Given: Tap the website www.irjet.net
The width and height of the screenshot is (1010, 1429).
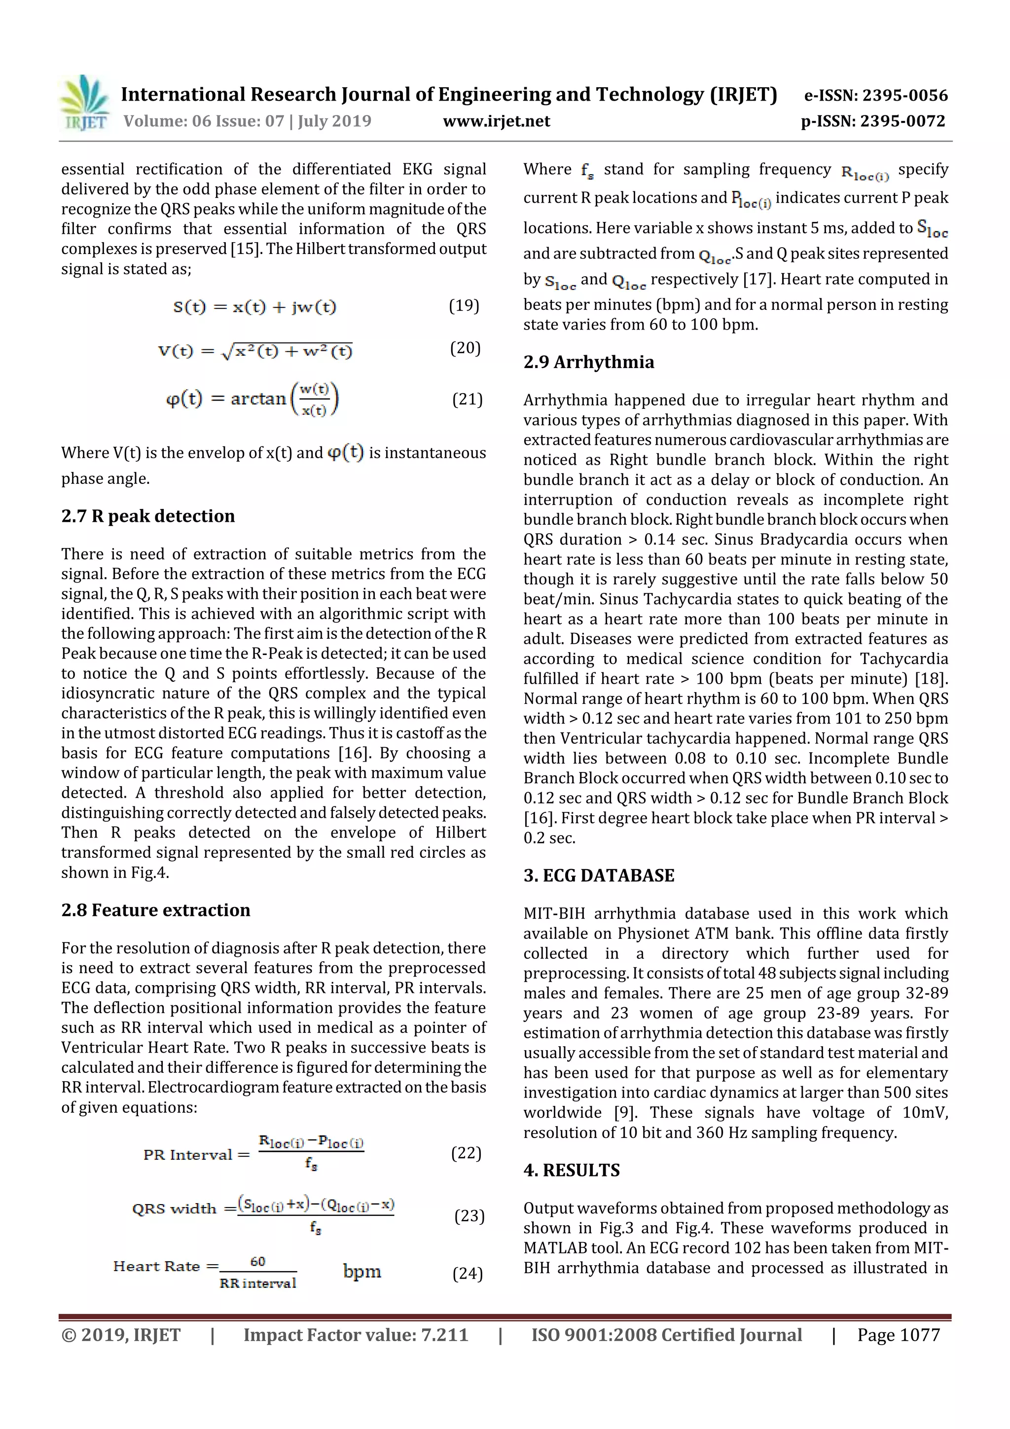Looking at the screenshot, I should (496, 121).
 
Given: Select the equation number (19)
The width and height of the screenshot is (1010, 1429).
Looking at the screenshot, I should (464, 306).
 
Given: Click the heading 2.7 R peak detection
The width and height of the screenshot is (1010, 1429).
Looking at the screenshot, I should (148, 516).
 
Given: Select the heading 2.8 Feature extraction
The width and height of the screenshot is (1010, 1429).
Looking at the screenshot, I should (155, 910).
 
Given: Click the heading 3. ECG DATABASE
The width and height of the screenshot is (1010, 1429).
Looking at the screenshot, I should (598, 876).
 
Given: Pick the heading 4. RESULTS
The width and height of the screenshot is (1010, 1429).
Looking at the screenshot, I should (571, 1170).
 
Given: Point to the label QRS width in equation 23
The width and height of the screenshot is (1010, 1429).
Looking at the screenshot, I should (174, 1209).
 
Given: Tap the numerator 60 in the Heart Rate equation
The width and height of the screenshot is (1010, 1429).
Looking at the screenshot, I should (257, 1262).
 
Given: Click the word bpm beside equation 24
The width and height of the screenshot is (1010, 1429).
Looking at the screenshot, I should (361, 1272).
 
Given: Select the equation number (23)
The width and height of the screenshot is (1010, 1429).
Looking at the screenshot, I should (469, 1215).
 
